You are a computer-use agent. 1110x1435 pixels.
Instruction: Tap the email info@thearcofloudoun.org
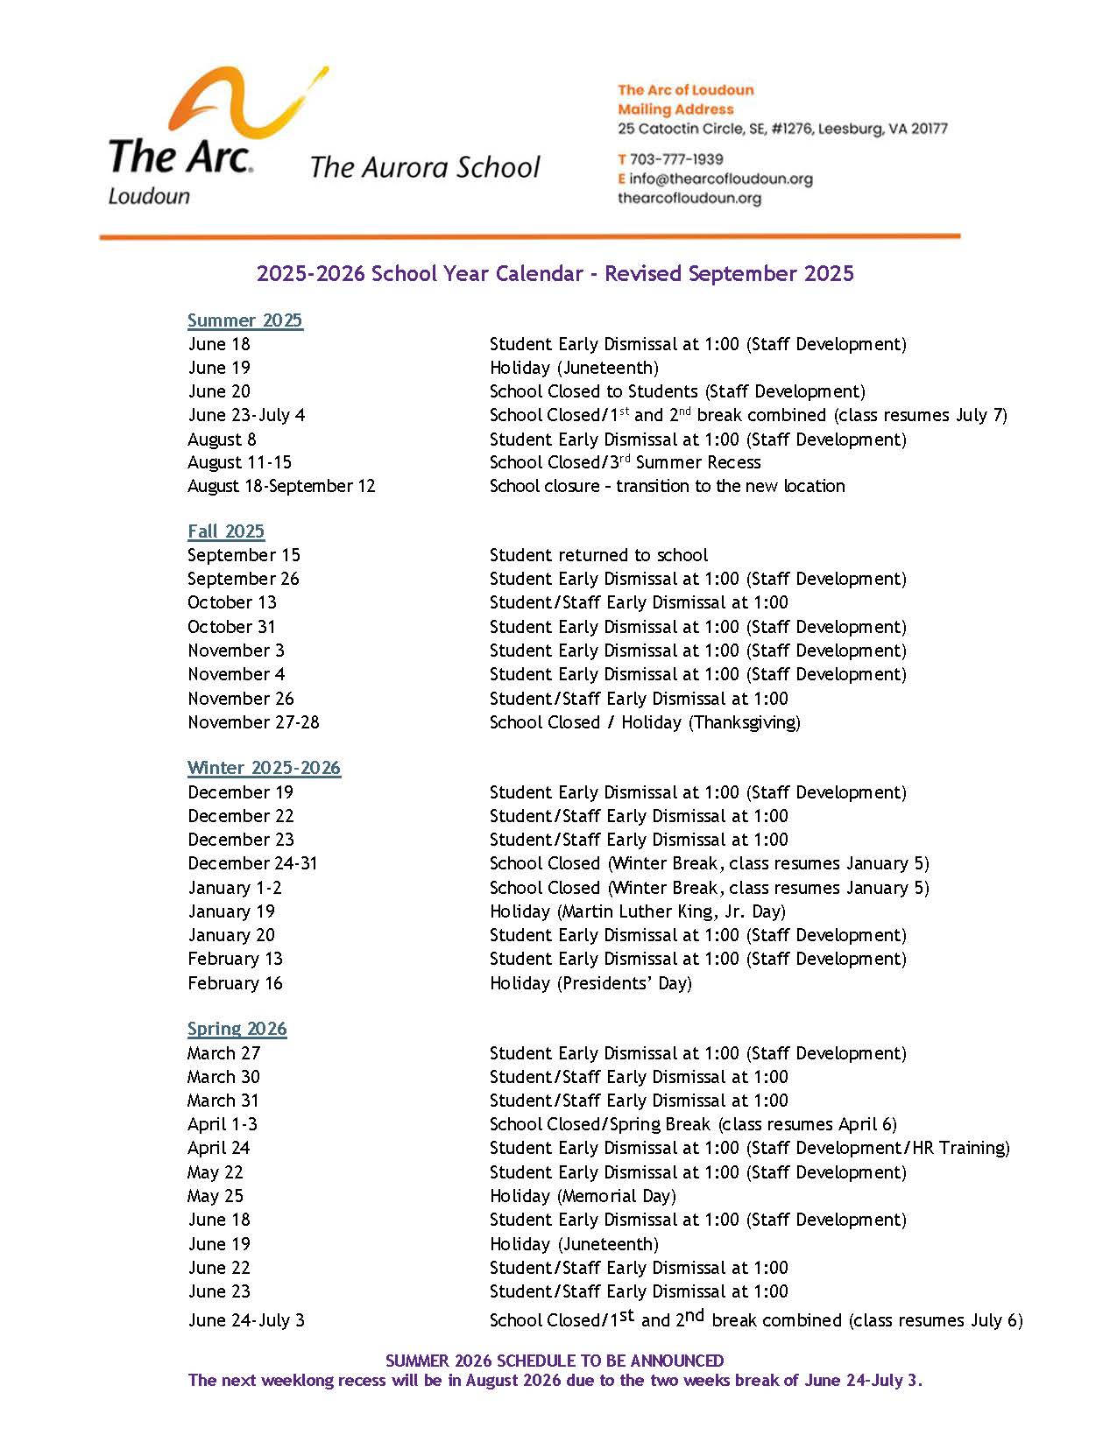tap(720, 179)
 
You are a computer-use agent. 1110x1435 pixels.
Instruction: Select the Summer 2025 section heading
tap(244, 320)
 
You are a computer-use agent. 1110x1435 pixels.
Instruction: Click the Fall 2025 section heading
tap(225, 531)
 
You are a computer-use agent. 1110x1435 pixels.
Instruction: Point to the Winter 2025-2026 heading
tap(264, 768)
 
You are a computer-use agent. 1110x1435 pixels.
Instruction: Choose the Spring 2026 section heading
tap(237, 1029)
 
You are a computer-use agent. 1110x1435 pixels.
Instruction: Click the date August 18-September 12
tap(281, 486)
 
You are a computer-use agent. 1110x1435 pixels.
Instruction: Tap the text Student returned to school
tap(598, 555)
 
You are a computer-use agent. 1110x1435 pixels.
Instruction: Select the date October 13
tap(231, 602)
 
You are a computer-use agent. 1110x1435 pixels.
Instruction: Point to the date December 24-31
tap(252, 863)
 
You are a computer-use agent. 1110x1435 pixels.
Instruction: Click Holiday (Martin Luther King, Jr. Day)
tap(637, 911)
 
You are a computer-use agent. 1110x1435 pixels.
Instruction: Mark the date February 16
tap(235, 983)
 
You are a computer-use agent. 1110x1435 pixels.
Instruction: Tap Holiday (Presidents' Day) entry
tap(590, 983)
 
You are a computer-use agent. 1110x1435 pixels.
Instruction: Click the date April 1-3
tap(223, 1124)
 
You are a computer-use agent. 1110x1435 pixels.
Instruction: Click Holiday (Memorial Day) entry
tap(583, 1196)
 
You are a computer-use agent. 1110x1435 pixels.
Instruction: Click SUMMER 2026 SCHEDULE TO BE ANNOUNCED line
tap(554, 1361)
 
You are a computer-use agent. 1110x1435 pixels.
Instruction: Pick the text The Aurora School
tap(425, 167)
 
